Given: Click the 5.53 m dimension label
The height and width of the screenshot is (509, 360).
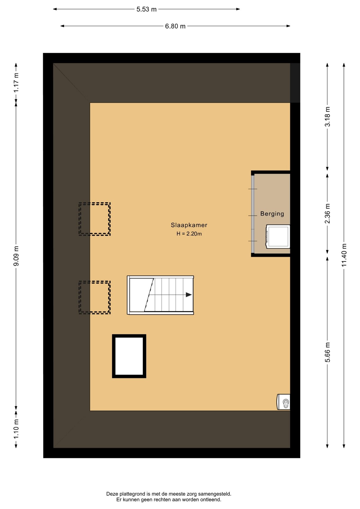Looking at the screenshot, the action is (x=146, y=9).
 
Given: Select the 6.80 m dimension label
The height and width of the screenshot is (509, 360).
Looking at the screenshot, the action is (x=175, y=26).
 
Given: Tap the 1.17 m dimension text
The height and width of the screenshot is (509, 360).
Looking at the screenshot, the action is (x=16, y=83).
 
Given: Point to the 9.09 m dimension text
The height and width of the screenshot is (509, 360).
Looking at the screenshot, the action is (x=16, y=256).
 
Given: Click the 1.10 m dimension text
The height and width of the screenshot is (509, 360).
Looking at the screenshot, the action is (x=16, y=429).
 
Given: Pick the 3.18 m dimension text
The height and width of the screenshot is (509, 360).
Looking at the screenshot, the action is (x=328, y=117).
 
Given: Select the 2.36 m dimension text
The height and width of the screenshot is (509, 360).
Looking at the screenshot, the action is (x=328, y=213).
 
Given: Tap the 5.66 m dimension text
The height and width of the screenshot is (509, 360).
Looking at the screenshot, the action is (x=328, y=352).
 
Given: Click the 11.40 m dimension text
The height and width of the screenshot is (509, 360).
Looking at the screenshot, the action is (x=344, y=255).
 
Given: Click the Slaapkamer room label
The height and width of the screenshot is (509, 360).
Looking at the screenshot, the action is (x=189, y=225).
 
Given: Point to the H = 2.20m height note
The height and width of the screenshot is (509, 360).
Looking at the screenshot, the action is (x=189, y=234).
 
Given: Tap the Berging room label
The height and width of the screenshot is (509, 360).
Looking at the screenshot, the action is (x=272, y=214).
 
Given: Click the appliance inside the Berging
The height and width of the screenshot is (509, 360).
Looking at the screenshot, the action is (x=278, y=236).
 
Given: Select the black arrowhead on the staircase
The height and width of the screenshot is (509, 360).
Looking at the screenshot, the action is (x=189, y=295).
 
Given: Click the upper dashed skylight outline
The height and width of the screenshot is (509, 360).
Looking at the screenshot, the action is (x=94, y=219).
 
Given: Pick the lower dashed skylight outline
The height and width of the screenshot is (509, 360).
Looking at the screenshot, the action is (x=94, y=297).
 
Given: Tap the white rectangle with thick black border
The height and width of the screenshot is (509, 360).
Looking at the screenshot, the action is (x=129, y=336).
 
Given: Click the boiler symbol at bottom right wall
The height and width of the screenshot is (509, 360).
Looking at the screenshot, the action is (x=283, y=402).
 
